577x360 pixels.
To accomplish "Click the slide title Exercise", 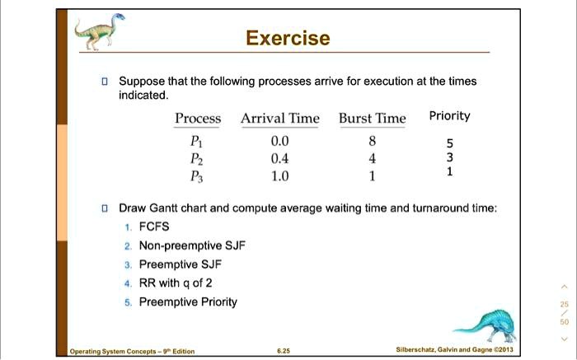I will [288, 39].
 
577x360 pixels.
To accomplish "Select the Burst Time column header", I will [373, 119].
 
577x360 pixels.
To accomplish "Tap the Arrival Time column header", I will [279, 119].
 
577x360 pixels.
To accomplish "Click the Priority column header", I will [449, 116].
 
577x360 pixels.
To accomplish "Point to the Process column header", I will [198, 119].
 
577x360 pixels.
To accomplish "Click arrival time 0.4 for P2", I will [280, 157].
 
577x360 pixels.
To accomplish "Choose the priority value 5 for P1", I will [449, 143].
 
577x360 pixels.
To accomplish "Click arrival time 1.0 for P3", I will [280, 175].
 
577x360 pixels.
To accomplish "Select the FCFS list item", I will [156, 227].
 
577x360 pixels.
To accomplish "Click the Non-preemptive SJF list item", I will [192, 245].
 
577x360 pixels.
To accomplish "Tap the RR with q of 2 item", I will [176, 283].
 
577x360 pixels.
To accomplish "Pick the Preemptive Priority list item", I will [188, 302].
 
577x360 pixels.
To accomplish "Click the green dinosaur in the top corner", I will [98, 31].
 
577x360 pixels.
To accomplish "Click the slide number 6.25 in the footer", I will [284, 352].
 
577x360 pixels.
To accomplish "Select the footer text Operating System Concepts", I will [132, 352].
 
